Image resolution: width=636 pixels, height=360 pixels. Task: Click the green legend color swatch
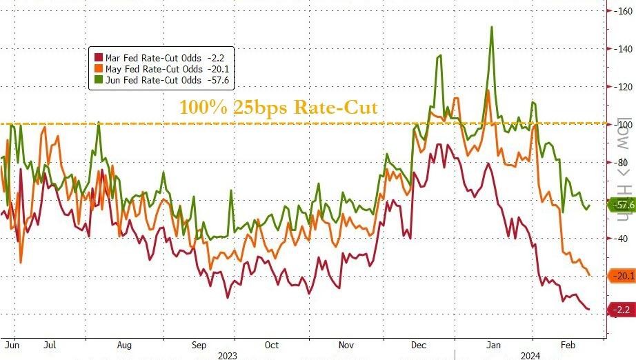pyautogui.click(x=99, y=80)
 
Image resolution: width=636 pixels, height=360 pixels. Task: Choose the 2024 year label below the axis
pyautogui.click(x=530, y=356)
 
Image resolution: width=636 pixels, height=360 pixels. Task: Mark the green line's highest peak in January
pyautogui.click(x=491, y=27)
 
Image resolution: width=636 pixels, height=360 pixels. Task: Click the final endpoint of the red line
pyautogui.click(x=588, y=309)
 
